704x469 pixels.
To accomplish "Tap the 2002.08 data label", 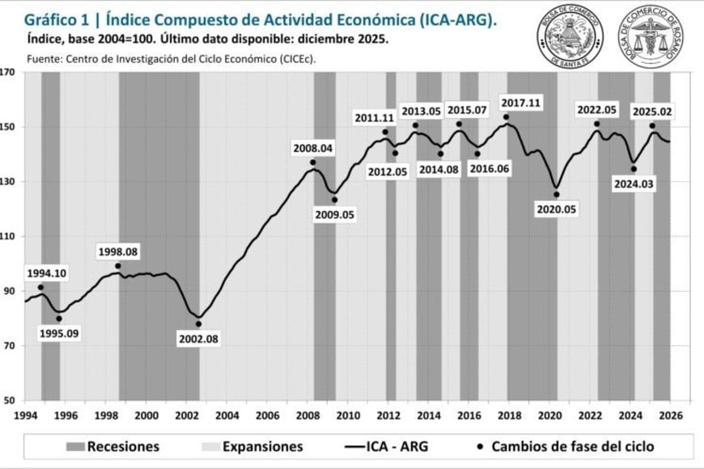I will click(198, 339).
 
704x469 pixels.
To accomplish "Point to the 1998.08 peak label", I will click(118, 251).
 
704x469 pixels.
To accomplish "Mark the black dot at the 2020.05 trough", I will click(556, 194).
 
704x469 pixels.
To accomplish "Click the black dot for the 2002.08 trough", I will click(198, 324).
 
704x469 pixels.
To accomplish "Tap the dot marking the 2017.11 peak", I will click(507, 117).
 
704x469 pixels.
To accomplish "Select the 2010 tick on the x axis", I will click(348, 416).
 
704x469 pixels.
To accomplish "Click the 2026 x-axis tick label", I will click(671, 416).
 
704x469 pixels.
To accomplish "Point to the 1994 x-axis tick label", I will click(25, 416).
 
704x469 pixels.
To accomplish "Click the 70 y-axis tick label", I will click(9, 346).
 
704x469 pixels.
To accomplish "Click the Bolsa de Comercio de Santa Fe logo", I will click(570, 36).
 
